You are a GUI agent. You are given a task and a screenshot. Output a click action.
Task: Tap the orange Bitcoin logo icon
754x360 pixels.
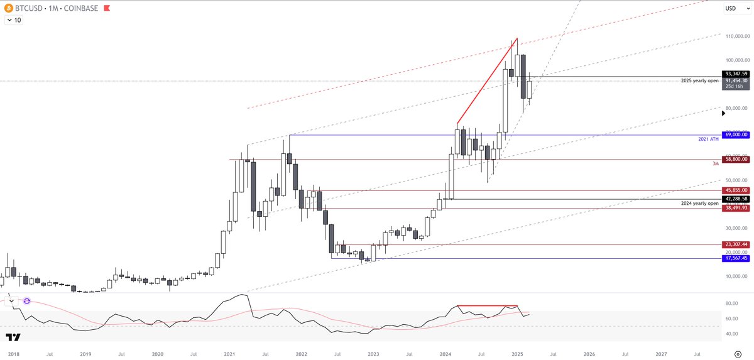(x=9, y=8)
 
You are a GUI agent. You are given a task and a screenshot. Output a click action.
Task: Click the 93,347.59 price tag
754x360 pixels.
(x=735, y=74)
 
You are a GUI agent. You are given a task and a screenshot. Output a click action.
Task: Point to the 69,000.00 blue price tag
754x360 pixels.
(x=735, y=135)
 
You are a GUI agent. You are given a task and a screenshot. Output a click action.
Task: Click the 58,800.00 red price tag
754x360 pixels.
(x=735, y=160)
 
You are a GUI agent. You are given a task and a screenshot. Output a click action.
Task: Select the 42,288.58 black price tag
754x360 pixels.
(x=735, y=199)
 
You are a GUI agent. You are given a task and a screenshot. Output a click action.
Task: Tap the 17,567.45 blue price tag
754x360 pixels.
(x=735, y=258)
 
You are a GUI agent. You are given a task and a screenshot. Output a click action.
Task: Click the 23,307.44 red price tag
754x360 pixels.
(x=735, y=244)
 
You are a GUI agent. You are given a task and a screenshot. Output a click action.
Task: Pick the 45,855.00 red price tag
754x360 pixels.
(x=735, y=190)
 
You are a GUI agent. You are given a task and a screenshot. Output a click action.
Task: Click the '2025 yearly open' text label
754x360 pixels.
(x=699, y=81)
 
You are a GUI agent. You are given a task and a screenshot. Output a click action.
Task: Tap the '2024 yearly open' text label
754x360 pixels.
(x=699, y=204)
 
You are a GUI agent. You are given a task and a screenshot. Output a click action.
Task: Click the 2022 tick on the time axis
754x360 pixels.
(x=301, y=354)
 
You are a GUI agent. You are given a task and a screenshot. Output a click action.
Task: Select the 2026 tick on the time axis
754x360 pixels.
(x=589, y=354)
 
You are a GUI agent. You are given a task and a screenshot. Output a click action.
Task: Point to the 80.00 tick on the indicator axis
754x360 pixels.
(x=731, y=303)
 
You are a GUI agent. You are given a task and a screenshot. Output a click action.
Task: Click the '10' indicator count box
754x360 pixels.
(x=13, y=20)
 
